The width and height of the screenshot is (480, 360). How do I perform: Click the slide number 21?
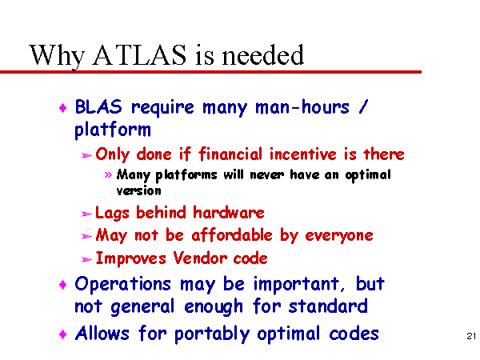point(471,336)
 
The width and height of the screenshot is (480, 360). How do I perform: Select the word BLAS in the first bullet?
point(98,107)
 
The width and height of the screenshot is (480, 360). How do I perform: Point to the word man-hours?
point(302,107)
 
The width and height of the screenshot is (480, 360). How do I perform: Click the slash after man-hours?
point(362,107)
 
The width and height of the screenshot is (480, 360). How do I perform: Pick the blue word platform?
point(113,130)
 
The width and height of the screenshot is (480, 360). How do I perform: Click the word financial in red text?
point(230,154)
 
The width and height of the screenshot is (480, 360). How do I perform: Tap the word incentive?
point(303,154)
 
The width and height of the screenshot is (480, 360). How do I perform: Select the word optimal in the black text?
point(368,175)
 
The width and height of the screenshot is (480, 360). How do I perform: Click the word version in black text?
point(138,191)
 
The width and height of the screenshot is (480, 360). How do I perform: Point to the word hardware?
point(228,212)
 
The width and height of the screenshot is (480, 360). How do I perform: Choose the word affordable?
point(232,235)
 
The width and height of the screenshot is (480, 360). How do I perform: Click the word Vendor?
point(199,258)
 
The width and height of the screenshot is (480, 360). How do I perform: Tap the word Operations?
point(122,285)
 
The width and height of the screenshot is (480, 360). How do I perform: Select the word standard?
point(328,306)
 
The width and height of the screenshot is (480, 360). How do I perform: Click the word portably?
point(212,334)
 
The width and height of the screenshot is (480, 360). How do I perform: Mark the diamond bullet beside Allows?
point(62,334)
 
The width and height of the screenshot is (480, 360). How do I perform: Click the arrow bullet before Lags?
point(86,214)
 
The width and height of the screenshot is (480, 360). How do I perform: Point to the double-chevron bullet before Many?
point(108,174)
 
